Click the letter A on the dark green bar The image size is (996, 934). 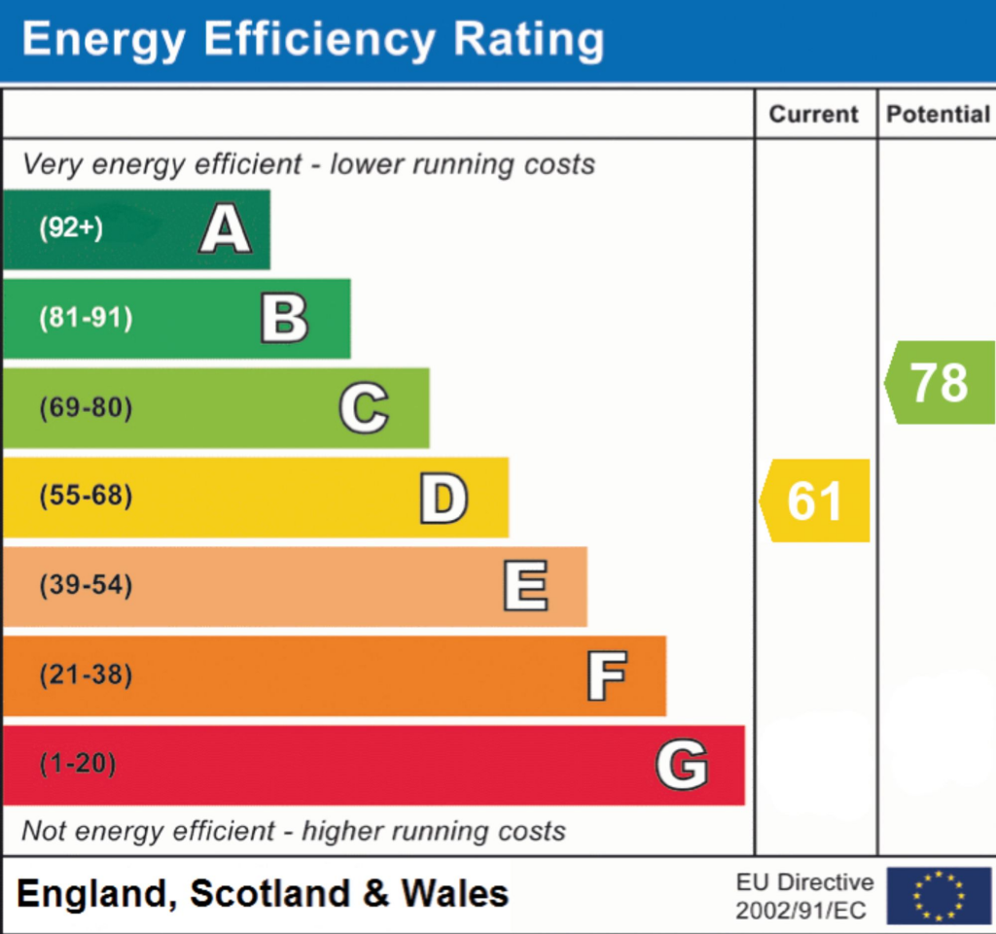(x=226, y=230)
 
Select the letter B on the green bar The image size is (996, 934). (x=284, y=320)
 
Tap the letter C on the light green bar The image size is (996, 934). (x=364, y=409)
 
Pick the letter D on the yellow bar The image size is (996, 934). (x=444, y=499)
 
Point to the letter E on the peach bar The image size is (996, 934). (x=525, y=587)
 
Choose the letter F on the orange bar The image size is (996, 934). (x=606, y=676)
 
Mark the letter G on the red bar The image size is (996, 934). (x=682, y=765)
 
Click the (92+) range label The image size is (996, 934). (x=71, y=228)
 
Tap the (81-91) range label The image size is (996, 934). (x=86, y=318)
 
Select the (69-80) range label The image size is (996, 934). (x=86, y=408)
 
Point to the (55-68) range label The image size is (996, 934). (x=86, y=498)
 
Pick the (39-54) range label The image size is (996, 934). (x=86, y=586)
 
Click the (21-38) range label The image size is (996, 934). (x=86, y=675)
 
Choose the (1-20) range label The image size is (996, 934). (x=78, y=765)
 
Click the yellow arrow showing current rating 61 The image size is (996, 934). (x=815, y=501)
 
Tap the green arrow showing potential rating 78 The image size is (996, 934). (x=940, y=383)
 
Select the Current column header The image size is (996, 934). (x=814, y=115)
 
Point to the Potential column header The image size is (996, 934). (x=938, y=115)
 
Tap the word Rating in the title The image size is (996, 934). (x=528, y=41)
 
